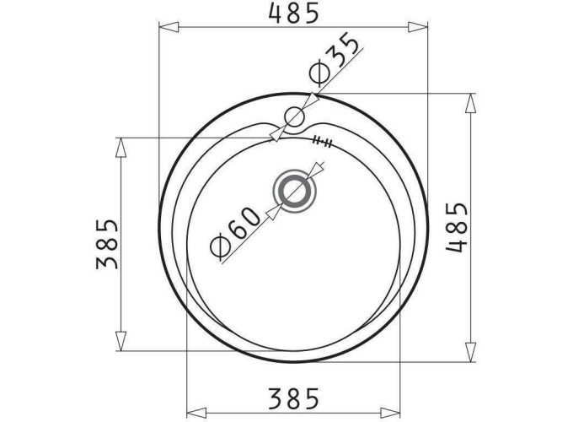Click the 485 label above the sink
(x=293, y=12)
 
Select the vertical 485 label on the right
(x=456, y=227)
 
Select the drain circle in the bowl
(x=294, y=192)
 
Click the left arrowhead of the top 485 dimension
(x=168, y=28)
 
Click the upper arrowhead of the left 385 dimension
(x=121, y=146)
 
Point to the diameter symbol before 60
(x=217, y=248)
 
